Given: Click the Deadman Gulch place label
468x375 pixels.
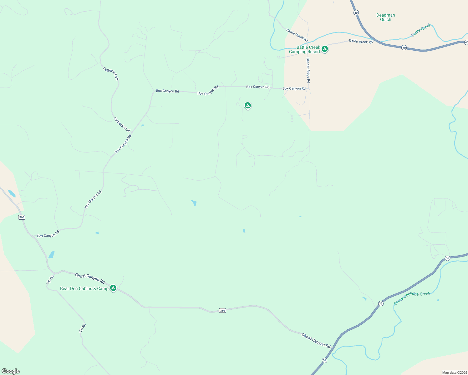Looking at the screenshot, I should [385, 17].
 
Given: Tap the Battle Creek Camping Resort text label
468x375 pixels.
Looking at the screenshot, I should [305, 50].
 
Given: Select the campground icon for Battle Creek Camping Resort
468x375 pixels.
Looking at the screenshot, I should [325, 49].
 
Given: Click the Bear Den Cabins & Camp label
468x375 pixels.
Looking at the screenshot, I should [84, 288].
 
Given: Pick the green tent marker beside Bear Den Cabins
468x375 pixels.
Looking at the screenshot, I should [113, 288].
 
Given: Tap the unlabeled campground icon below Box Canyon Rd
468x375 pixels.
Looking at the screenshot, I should [247, 105].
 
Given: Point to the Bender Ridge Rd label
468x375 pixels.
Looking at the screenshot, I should [308, 70].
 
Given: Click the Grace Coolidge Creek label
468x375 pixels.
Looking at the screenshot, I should [412, 298].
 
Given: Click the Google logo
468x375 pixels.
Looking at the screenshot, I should [11, 371].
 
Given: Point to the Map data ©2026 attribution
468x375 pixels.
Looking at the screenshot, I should [454, 372].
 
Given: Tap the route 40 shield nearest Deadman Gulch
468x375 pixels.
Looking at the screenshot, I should [356, 12].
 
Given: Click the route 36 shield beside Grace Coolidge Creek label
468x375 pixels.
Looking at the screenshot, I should [380, 303].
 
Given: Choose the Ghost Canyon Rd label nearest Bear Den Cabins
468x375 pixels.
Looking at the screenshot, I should [90, 278].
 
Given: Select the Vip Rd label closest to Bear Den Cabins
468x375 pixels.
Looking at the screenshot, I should [50, 279].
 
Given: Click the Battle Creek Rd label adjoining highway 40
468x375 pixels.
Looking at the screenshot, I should [361, 41].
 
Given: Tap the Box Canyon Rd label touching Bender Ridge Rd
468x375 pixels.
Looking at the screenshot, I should [294, 88].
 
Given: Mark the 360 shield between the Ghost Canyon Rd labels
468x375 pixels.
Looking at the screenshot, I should [222, 310].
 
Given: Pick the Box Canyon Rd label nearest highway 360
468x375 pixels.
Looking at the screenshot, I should [48, 234].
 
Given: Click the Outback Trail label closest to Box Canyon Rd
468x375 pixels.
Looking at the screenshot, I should [122, 124].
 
